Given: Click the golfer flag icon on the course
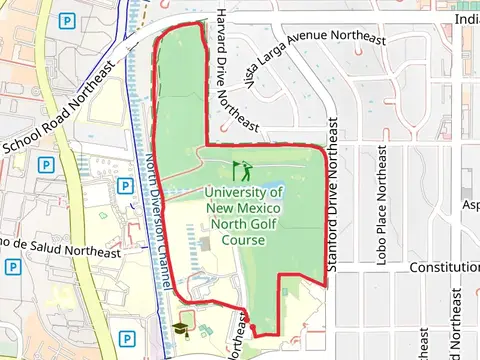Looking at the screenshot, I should click(x=240, y=170).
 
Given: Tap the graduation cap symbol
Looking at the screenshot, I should click(x=181, y=326).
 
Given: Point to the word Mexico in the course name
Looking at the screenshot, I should click(x=258, y=207).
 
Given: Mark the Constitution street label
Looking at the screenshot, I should click(x=445, y=268).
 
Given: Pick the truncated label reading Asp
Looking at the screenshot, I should click(x=469, y=205).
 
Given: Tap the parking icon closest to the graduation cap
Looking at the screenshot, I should click(x=127, y=339).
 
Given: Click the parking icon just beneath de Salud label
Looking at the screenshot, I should click(x=12, y=267).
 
